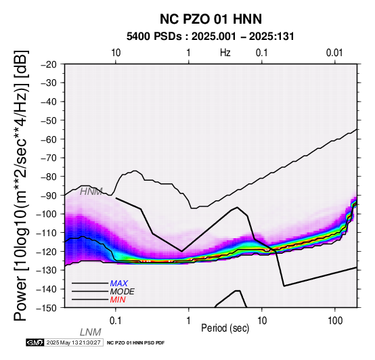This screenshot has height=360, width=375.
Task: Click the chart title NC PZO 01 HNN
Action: coord(211,19)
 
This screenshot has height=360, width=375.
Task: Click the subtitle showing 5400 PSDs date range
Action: coord(211,37)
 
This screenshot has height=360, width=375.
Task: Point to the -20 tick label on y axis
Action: coord(49,64)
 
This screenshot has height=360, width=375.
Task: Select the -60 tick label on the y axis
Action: coord(49,139)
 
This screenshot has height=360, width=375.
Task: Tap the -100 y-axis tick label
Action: coord(47,214)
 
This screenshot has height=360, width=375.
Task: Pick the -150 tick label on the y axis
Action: coord(47,308)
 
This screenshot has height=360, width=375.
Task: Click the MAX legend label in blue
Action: coord(119,284)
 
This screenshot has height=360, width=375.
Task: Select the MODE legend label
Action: coord(123,292)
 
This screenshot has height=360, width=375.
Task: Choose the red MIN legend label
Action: coord(118,300)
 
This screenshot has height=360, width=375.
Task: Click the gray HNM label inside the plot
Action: coord(91,192)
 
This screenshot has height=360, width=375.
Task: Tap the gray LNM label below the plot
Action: coord(91,332)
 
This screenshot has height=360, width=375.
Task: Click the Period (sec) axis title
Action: coord(225,328)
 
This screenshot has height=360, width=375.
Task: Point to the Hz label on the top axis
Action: coord(225,53)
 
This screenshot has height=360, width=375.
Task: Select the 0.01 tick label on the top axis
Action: coord(334,53)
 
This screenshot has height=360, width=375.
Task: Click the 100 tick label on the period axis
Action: coord(335,321)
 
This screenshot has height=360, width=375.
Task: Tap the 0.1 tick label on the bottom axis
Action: coord(116,321)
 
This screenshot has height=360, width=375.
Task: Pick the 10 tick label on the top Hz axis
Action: coord(116,53)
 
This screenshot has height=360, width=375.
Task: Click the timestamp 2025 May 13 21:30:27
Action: coord(73,343)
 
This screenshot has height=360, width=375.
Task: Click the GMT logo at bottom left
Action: coord(35,342)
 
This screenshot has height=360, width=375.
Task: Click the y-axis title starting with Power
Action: coord(21,185)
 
